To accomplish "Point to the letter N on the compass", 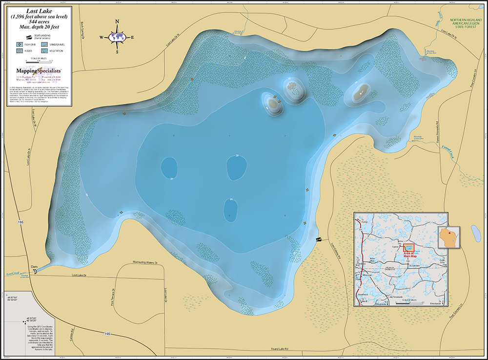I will (117, 22).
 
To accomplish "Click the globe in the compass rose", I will (117, 37).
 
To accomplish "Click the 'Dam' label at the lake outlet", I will (34, 266).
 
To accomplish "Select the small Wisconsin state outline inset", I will (449, 237).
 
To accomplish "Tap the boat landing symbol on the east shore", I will (319, 239).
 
